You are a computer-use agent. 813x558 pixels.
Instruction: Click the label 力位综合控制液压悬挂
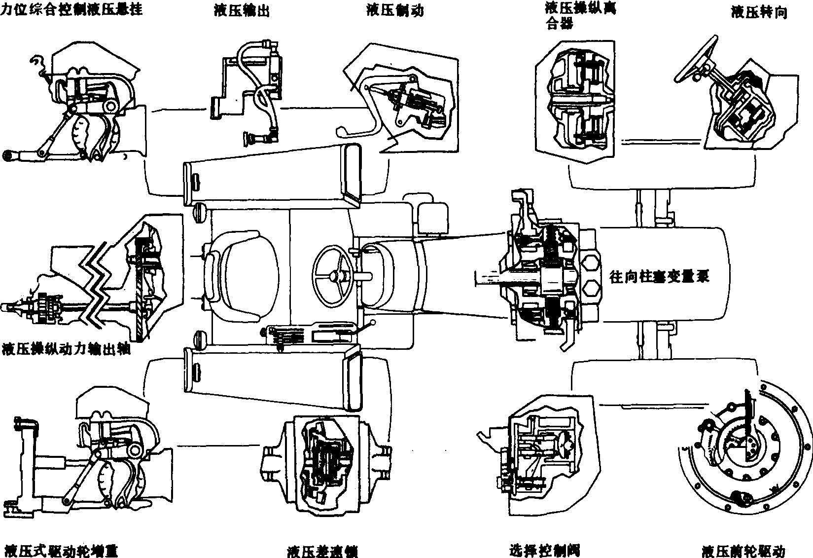pos(72,9)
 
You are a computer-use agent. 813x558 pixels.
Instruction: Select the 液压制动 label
pos(395,11)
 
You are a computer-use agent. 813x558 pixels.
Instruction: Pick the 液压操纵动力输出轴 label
pos(67,349)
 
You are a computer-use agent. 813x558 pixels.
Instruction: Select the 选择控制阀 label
pos(544,550)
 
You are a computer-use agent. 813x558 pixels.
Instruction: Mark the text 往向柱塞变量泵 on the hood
pos(660,276)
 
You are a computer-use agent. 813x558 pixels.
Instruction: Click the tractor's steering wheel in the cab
pos(334,276)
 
